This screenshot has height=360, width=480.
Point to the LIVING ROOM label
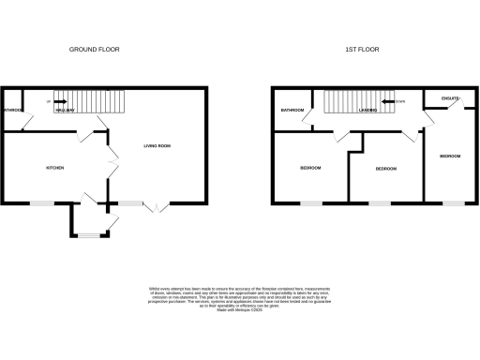[157, 146]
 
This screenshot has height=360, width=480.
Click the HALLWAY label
[65, 111]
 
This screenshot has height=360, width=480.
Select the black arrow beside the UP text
[58, 101]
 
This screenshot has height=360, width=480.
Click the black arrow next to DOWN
[386, 101]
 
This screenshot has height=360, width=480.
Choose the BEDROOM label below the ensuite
[449, 156]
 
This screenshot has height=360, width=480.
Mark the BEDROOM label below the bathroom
[311, 168]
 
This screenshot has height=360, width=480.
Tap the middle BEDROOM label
[385, 169]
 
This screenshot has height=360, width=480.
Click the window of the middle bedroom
[379, 203]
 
